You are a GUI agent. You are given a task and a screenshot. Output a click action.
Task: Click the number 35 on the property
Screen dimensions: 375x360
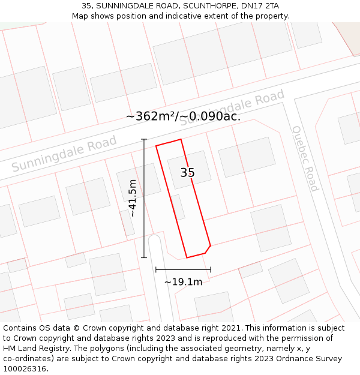187,173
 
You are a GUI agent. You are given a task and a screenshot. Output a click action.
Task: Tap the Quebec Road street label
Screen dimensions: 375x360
305,158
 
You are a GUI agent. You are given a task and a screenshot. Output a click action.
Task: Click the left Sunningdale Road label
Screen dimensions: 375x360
64,154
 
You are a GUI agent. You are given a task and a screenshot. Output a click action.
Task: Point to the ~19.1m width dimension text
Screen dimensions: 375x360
183,281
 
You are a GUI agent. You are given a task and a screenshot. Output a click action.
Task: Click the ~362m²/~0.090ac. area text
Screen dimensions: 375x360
184,116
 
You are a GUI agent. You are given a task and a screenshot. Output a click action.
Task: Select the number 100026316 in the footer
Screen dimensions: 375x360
25,369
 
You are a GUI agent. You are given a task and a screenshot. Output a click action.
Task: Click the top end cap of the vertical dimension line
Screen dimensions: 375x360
144,139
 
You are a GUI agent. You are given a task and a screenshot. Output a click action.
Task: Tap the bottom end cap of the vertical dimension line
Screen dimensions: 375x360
144,258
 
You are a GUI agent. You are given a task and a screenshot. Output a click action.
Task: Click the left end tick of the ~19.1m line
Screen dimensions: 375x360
156,270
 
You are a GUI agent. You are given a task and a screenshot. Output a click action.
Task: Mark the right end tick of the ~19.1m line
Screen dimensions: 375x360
211,270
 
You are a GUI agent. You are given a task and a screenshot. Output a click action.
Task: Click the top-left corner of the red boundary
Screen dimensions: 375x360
156,146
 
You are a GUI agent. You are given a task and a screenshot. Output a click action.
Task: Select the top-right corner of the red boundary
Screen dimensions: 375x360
181,139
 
